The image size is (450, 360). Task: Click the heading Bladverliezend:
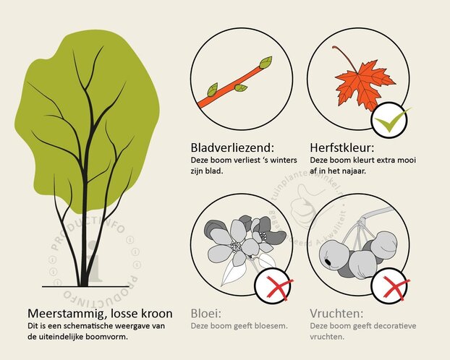(231, 145)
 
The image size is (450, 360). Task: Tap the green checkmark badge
(390, 120)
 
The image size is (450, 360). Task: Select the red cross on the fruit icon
(389, 289)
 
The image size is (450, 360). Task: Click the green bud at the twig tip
(266, 62)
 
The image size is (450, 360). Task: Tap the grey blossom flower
(232, 242)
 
